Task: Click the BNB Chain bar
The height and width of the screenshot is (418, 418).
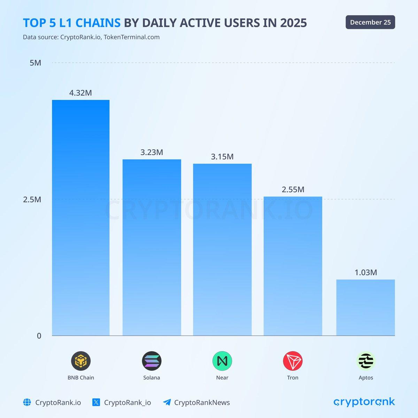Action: [x=81, y=218]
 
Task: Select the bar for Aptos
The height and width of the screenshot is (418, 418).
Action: [x=365, y=307]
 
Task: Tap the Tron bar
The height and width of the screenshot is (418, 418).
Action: [x=293, y=266]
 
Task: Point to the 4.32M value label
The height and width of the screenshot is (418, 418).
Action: [x=80, y=93]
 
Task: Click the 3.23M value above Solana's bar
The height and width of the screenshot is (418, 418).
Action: [x=152, y=152]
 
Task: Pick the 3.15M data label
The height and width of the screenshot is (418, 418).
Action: [x=222, y=157]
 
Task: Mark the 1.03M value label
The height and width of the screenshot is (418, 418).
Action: [x=366, y=272]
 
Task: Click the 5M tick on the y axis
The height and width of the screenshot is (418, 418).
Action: [x=35, y=63]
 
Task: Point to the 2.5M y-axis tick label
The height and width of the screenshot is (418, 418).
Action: [x=32, y=200]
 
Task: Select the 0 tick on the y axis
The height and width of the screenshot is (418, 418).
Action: [x=39, y=336]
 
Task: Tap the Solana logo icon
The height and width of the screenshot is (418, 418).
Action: [x=152, y=361]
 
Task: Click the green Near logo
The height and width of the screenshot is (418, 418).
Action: [x=222, y=361]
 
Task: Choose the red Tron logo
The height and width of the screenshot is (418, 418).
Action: [x=293, y=361]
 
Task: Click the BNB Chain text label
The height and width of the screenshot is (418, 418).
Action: [x=81, y=378]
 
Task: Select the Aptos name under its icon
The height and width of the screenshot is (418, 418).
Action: [x=366, y=378]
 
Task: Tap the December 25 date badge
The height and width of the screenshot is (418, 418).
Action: [x=370, y=22]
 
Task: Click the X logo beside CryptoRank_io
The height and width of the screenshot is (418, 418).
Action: [x=96, y=402]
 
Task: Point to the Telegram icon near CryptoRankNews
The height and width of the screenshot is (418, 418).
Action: [x=167, y=402]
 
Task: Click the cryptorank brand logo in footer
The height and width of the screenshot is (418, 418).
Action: [x=364, y=402]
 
